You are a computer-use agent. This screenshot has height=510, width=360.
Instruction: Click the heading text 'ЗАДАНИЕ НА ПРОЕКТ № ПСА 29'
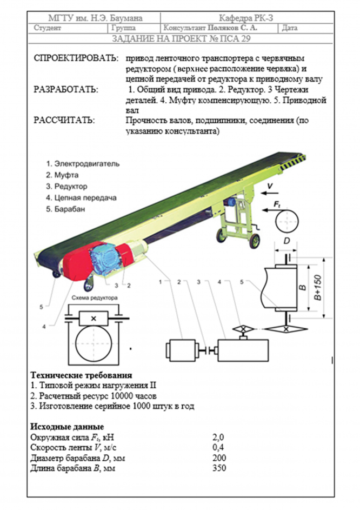[x=181, y=39]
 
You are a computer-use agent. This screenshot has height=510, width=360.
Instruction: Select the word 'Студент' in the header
[x=48, y=28]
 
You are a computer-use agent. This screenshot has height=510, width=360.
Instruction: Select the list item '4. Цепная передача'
[x=81, y=197]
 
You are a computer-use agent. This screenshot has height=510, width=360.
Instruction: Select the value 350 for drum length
[x=218, y=468]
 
